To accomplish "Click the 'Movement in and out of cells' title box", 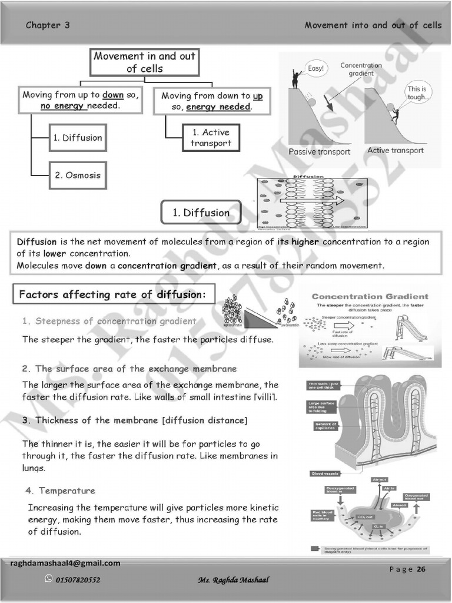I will pos(145,62).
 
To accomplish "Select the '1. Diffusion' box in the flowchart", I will pos(78,138).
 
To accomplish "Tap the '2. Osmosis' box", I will pos(78,175).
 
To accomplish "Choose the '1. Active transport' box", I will pos(211,138).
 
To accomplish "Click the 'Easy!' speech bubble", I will pos(315,68).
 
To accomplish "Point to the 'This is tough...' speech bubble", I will pos(416,93).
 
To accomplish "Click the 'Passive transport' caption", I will pos(319,152).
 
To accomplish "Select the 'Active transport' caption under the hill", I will pos(395,151).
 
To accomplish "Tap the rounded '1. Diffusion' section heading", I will pos(201,213).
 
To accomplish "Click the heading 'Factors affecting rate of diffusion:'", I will pos(112,294).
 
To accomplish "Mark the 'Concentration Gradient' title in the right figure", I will pos(370,296).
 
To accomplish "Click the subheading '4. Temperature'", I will pos(60,491).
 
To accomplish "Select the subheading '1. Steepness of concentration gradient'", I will pos(109,321).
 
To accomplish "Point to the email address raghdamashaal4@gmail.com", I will pos(65,563).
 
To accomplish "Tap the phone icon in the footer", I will pos(49,579).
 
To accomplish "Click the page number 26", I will pos(421,569).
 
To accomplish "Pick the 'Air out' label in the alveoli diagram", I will pos(380,480).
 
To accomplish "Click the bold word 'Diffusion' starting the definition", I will pos(36,242).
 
